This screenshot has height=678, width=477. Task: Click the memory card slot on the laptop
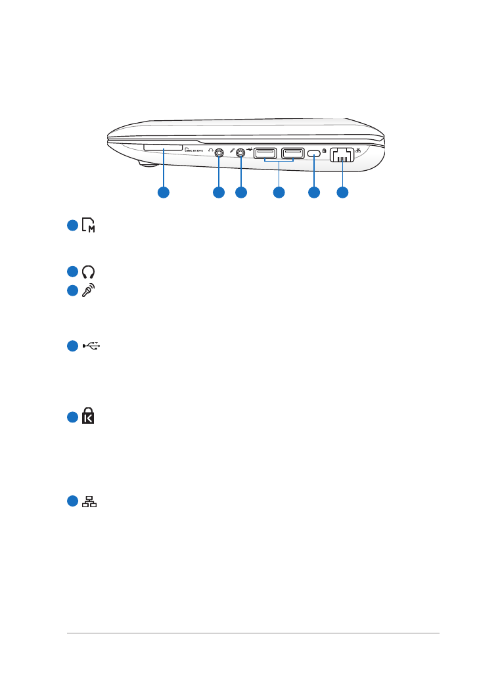coord(163,149)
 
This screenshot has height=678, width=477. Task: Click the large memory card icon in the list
coord(88,226)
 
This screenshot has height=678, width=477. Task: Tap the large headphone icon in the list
coord(88,272)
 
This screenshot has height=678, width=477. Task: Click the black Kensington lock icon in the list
coord(88,416)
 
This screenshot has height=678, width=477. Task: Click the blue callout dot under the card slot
coord(163,192)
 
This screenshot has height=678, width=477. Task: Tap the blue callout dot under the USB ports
coord(279,192)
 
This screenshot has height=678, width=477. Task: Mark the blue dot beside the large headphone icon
coord(72,272)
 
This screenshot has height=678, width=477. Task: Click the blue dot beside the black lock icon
coord(72,416)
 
